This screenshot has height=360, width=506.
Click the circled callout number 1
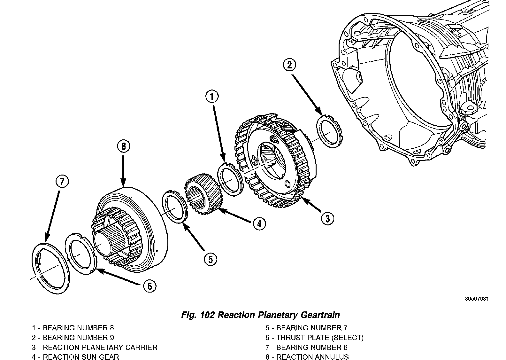tap(212, 97)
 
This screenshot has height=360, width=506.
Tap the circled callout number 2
tap(290, 65)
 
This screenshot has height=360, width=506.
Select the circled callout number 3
tap(327, 218)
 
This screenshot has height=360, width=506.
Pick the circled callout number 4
tap(259, 224)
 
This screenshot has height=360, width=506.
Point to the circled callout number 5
tap(211, 259)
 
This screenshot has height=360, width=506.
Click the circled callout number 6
tap(150, 286)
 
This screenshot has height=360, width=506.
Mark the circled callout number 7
tap(62, 182)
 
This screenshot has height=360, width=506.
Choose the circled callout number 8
tap(123, 146)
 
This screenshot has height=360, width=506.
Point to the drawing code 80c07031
tap(477, 299)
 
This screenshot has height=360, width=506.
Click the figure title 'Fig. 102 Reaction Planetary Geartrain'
tap(260, 315)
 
